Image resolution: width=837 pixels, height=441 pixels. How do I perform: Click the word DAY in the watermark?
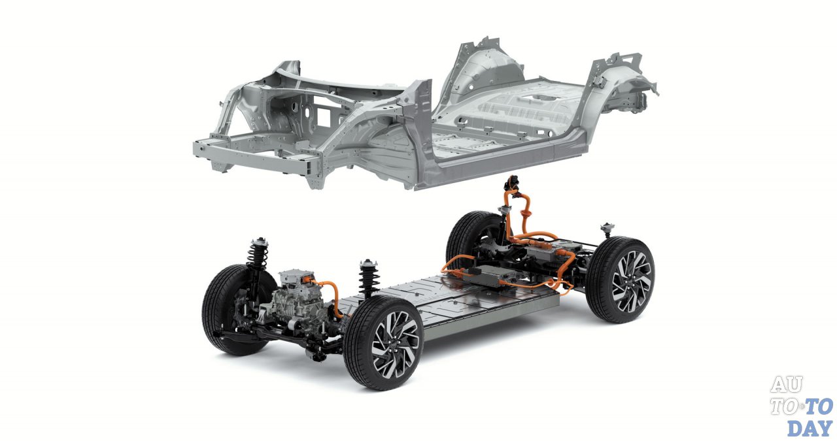[810, 428]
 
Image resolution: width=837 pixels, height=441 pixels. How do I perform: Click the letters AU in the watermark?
[786, 384]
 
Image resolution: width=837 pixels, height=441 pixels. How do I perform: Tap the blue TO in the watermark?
[818, 406]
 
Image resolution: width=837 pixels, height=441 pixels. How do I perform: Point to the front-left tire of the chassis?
[231, 310]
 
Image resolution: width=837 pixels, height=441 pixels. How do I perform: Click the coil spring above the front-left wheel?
[258, 254]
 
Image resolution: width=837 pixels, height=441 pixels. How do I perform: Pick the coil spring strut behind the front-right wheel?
[368, 278]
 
